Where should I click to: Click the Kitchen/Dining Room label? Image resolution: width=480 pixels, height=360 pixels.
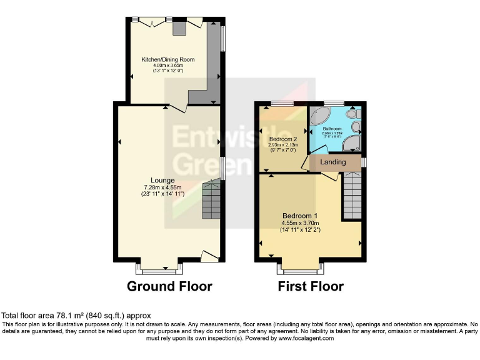[x=168, y=60]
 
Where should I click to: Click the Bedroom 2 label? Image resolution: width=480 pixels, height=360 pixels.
[x=282, y=139]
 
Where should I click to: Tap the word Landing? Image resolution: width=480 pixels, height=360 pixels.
[x=333, y=162]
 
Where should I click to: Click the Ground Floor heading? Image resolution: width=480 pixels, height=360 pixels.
[x=169, y=287]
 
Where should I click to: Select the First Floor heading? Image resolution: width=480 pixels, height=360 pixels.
[x=311, y=287]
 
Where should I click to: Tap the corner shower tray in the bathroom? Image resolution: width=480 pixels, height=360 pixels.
[x=354, y=146]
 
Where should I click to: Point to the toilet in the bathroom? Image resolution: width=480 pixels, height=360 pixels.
[x=354, y=114]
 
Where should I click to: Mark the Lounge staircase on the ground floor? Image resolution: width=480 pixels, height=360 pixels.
[x=211, y=201]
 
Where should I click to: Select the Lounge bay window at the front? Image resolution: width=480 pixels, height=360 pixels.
[x=161, y=271]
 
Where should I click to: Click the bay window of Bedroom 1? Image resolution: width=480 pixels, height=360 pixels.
[x=301, y=270]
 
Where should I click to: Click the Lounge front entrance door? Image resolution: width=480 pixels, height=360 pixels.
[x=209, y=255]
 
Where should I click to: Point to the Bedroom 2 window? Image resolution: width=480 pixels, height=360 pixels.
[x=283, y=103]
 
